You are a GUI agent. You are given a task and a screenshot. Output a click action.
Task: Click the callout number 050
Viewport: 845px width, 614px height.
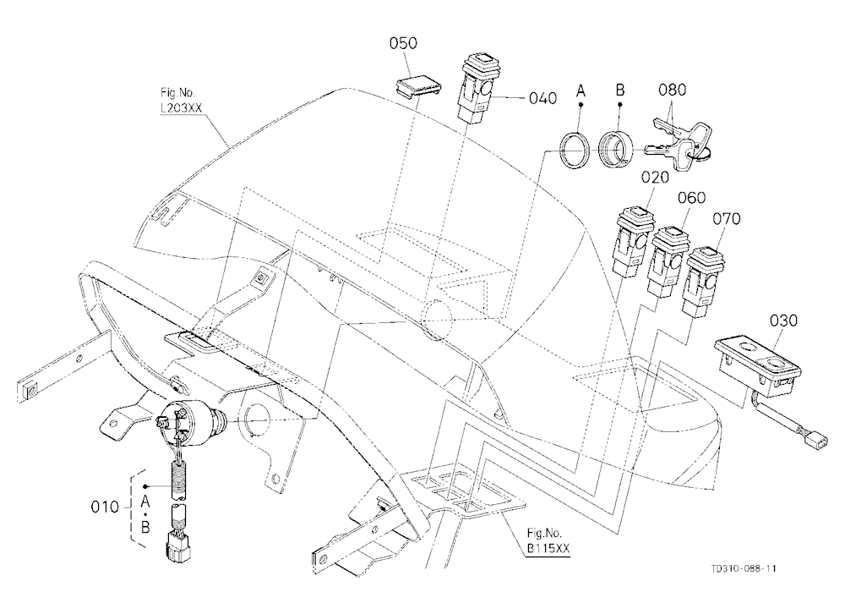pos(403,43)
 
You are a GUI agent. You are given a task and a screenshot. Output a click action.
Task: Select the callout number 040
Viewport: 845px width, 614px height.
pos(542,98)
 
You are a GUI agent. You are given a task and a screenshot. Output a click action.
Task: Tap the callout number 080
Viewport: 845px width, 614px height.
pos(672,90)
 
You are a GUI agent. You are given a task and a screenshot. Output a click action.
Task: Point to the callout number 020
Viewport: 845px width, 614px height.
pos(656,177)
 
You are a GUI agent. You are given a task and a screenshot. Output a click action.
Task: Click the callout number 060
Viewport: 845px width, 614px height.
pos(691,198)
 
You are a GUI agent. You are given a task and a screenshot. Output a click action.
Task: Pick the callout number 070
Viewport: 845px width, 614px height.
pos(727,219)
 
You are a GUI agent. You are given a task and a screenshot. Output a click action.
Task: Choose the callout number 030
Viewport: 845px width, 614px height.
pos(783,321)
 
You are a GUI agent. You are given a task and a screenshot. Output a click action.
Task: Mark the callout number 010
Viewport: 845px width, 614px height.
pos(105,507)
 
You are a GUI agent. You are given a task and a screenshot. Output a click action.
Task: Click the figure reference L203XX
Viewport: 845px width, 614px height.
pos(181,108)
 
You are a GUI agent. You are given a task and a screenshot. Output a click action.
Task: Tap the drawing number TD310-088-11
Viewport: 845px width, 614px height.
pos(743,568)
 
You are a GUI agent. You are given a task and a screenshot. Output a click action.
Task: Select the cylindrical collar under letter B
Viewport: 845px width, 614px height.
pos(617,148)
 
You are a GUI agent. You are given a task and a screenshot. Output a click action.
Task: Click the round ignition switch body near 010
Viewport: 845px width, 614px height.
pos(188,423)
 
